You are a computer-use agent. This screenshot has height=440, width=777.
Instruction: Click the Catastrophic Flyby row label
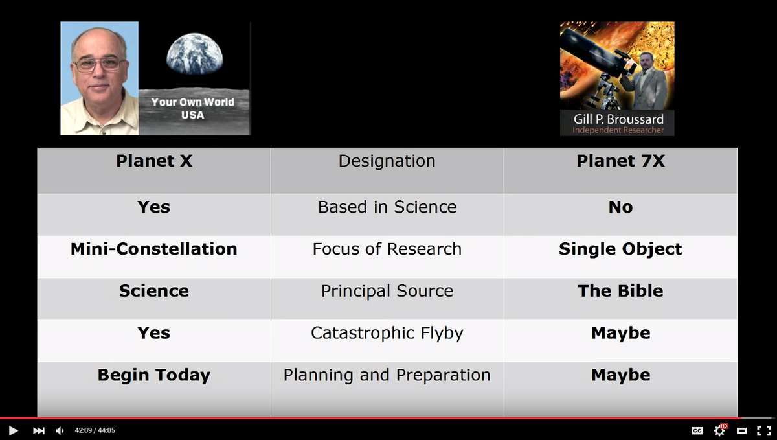point(387,333)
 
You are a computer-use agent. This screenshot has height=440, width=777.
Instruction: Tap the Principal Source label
point(387,291)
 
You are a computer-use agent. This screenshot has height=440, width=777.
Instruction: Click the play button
point(13,431)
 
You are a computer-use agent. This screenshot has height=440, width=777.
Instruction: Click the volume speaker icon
point(60,431)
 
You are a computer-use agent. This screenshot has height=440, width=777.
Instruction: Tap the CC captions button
point(697,431)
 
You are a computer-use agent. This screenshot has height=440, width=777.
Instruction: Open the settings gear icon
point(720,431)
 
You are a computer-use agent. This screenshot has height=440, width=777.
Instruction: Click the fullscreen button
point(764,431)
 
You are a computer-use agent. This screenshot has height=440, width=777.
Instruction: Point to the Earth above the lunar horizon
point(194,54)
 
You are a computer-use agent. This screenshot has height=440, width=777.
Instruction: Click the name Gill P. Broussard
point(618,119)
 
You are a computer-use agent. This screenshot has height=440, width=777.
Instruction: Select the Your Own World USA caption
point(193,108)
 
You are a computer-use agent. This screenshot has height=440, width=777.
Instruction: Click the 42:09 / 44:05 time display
point(95,431)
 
